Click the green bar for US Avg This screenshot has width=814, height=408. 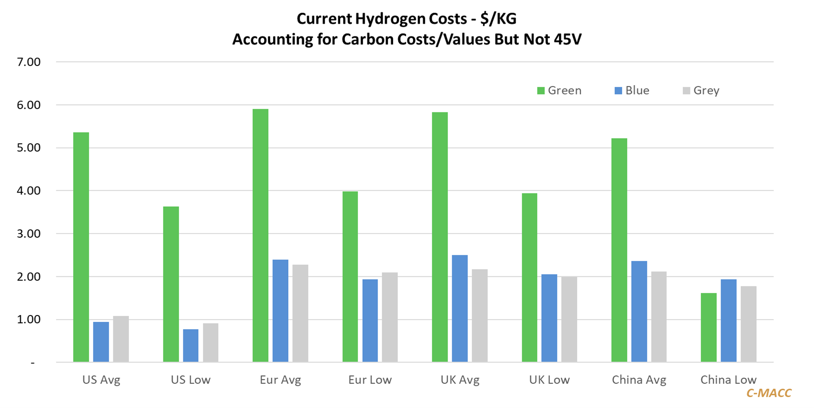(x=81, y=247)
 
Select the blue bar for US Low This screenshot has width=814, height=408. (x=191, y=345)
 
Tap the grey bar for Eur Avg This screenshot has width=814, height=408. (x=300, y=313)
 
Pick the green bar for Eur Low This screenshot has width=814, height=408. (x=350, y=276)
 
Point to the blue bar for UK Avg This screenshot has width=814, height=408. (x=459, y=309)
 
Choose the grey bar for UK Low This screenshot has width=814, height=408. (x=569, y=319)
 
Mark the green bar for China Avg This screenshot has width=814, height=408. (x=619, y=250)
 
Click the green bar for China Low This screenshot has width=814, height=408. (x=709, y=327)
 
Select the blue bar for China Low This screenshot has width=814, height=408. (x=728, y=321)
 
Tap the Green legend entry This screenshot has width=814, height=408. (x=559, y=91)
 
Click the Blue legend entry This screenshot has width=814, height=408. (x=632, y=91)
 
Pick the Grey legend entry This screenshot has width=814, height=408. (x=701, y=91)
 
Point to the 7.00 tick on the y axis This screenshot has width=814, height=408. (x=29, y=62)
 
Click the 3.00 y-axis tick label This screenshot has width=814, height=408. (x=29, y=233)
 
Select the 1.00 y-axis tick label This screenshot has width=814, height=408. (x=29, y=320)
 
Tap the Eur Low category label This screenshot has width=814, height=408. (x=370, y=380)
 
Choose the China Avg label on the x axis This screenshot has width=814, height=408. (x=639, y=380)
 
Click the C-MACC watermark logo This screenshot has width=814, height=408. (x=769, y=393)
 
